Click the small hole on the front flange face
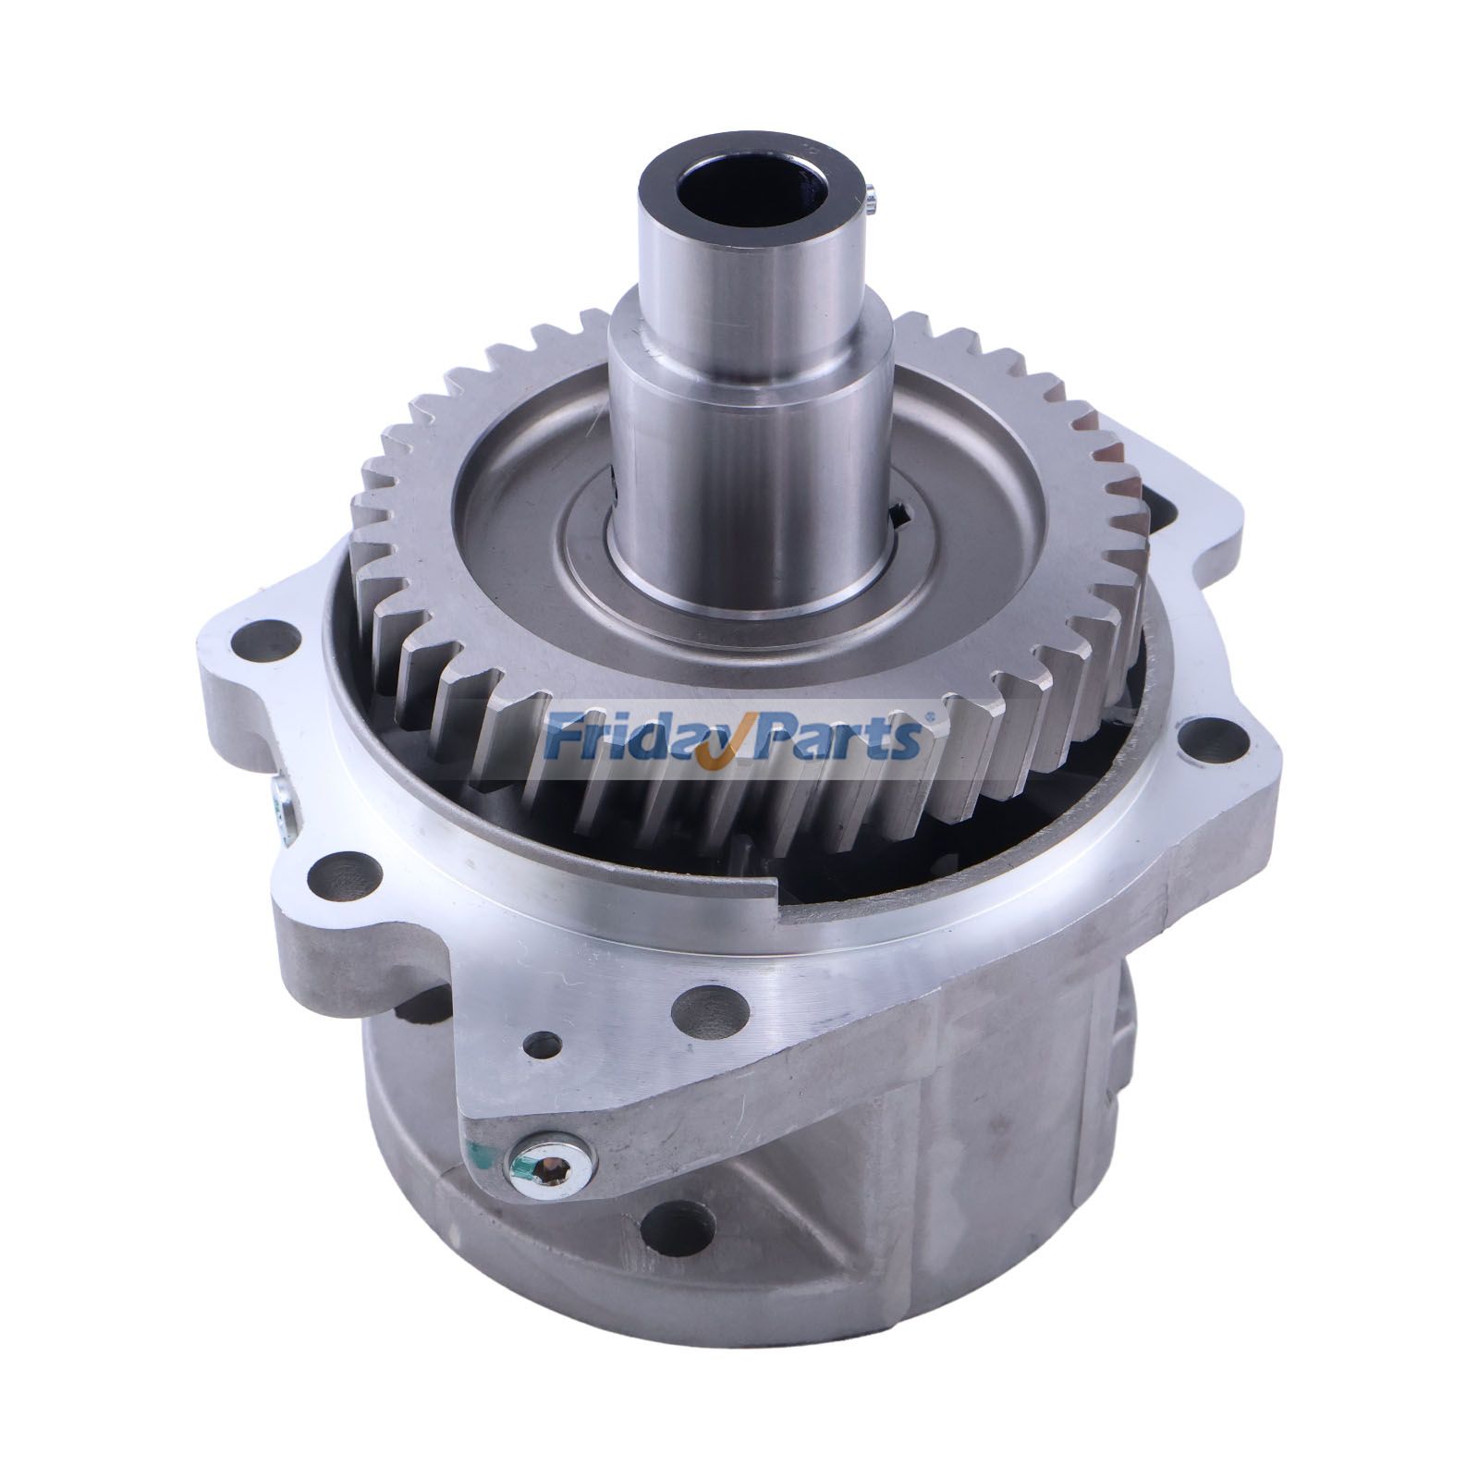coord(544,1046)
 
